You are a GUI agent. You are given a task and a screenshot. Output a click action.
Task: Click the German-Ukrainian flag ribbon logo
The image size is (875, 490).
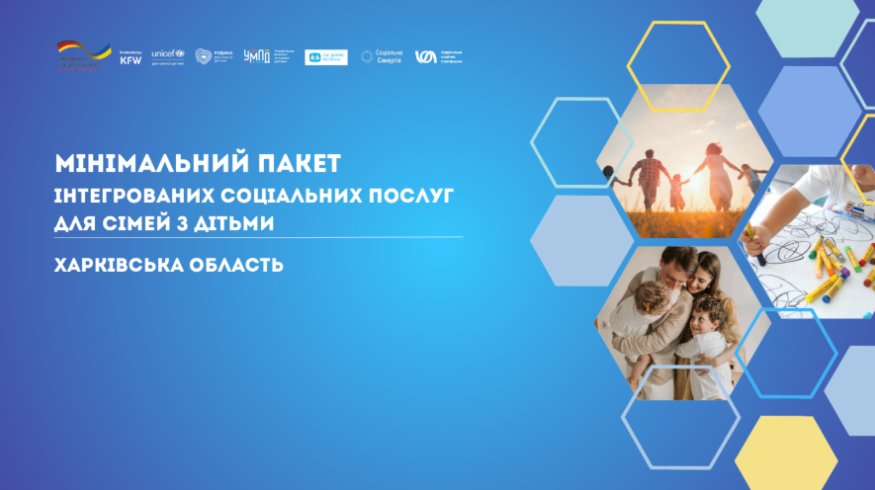point(83,55)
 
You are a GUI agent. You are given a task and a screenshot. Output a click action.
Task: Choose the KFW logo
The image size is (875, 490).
point(131,58)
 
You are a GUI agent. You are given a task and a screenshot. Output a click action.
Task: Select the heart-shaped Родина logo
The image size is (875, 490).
point(205,57)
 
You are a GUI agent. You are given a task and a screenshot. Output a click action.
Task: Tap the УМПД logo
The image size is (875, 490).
point(256,57)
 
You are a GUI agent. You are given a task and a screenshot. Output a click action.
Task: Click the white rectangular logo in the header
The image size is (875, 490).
point(325,57)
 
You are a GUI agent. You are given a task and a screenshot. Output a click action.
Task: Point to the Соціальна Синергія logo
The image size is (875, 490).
point(381,57)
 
